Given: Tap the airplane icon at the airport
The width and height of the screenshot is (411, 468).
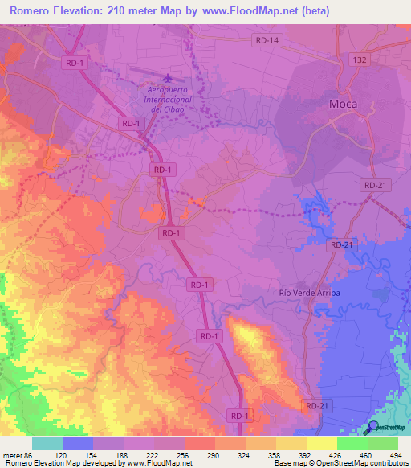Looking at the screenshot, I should click(167, 78).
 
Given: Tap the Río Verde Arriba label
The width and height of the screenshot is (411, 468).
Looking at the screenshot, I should click(310, 293).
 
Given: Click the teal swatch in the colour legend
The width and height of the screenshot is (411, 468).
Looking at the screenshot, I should click(47, 443).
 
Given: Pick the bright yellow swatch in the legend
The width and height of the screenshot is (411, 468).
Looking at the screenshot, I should click(321, 443).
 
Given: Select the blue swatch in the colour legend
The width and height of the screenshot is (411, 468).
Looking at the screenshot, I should click(78, 443).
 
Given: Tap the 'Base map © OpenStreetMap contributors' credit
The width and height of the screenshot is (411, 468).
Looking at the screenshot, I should click(341, 463).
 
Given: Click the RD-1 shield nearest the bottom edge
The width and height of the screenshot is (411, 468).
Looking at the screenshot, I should click(239, 415).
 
